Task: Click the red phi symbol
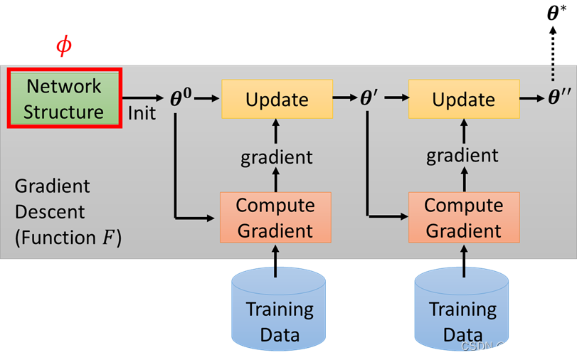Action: tap(64, 46)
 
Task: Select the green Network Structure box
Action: tap(65, 98)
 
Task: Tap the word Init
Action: tap(142, 112)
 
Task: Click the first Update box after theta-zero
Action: tap(277, 99)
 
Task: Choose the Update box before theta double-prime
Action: tap(463, 99)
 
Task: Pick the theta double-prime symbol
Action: tap(559, 99)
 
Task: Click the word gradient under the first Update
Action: tap(277, 157)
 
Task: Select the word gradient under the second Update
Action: tap(462, 156)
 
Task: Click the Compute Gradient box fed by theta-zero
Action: tap(275, 217)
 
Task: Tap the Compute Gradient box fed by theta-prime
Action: tap(464, 217)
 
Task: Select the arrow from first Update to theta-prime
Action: tap(344, 99)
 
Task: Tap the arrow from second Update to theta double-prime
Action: tap(531, 99)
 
